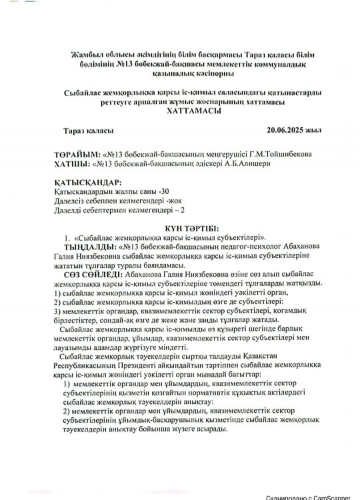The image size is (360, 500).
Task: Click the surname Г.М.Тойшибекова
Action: [x=273, y=153]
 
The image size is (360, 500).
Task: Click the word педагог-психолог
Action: [x=232, y=246]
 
